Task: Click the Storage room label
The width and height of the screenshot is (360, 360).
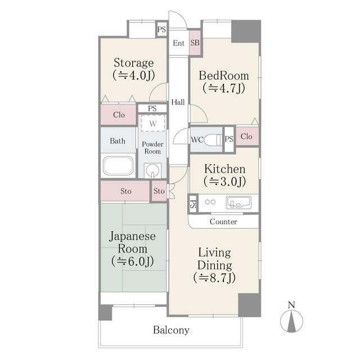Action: (x=133, y=68)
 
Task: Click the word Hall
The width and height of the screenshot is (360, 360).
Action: (x=178, y=102)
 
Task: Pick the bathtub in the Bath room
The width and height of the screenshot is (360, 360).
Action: (x=118, y=166)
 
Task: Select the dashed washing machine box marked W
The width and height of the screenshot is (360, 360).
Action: (x=152, y=123)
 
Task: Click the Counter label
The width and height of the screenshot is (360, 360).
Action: (x=223, y=222)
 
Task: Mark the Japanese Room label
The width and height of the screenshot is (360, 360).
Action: (x=133, y=249)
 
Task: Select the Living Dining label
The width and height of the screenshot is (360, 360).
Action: (x=214, y=264)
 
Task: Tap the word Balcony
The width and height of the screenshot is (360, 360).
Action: (x=171, y=330)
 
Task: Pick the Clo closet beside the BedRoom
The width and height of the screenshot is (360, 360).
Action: (x=246, y=137)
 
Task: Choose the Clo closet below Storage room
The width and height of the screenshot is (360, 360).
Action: (x=119, y=115)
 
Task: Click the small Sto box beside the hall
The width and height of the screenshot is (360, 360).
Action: (x=159, y=191)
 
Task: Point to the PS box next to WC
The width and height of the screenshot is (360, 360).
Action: (x=229, y=139)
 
